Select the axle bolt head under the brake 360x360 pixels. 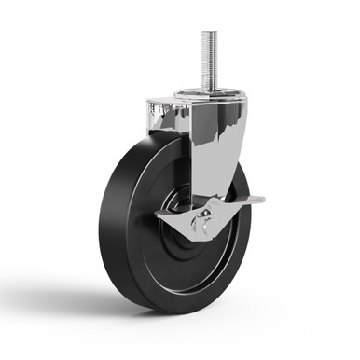199,225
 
